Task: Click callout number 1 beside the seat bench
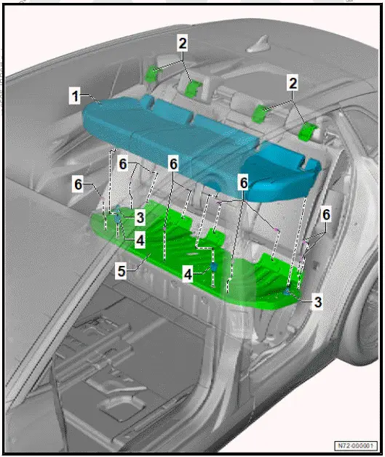(x=74, y=94)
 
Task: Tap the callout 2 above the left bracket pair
(x=183, y=44)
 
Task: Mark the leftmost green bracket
(x=154, y=72)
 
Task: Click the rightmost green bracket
(x=311, y=132)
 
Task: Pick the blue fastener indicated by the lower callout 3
(x=289, y=291)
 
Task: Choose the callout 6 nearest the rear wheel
(x=326, y=214)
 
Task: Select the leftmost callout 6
(x=77, y=185)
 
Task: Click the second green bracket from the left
(x=194, y=89)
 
